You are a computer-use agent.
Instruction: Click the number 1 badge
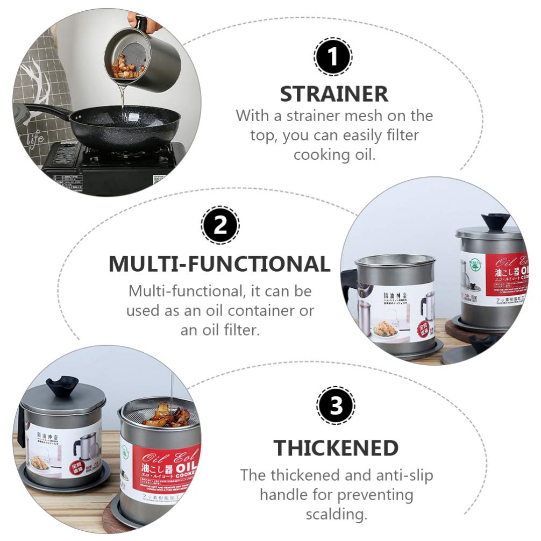(333, 56)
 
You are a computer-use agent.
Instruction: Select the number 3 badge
(336, 405)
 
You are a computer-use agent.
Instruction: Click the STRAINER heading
(334, 94)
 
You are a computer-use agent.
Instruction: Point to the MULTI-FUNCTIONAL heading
(219, 264)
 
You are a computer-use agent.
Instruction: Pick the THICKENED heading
(336, 447)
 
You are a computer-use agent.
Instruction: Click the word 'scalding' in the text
(336, 514)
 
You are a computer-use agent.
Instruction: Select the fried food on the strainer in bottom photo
(167, 415)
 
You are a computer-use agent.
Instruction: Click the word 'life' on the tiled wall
(35, 138)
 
